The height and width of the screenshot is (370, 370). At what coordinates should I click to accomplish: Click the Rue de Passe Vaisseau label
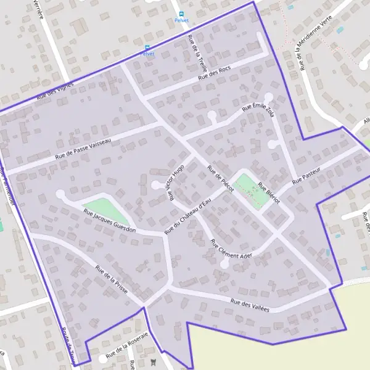tap(83, 149)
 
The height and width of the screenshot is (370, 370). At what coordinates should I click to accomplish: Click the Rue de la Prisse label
tap(111, 278)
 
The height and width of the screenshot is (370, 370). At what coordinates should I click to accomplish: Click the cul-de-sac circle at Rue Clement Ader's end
tap(224, 263)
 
